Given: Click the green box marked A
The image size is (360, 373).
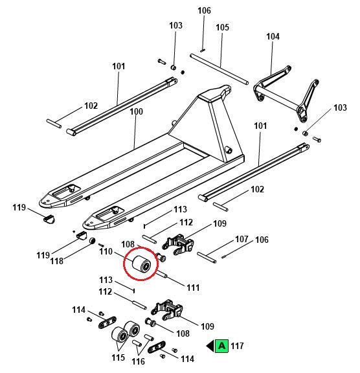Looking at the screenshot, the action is tap(221, 346).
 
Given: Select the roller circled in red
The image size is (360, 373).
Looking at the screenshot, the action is tap(142, 264).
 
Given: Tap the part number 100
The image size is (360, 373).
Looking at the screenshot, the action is tap(136, 111).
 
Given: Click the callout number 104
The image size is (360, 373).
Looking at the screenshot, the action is tap(273, 36).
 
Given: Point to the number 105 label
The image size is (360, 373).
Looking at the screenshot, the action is tap(222, 27).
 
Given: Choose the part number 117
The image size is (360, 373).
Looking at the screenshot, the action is tap(237, 346).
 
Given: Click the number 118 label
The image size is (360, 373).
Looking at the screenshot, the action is tap(56, 261).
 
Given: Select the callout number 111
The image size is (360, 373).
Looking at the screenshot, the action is tap(193, 288).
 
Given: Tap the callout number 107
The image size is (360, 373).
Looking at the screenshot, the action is tap(242, 239).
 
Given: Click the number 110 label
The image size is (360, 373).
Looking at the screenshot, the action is tap(106, 251).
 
